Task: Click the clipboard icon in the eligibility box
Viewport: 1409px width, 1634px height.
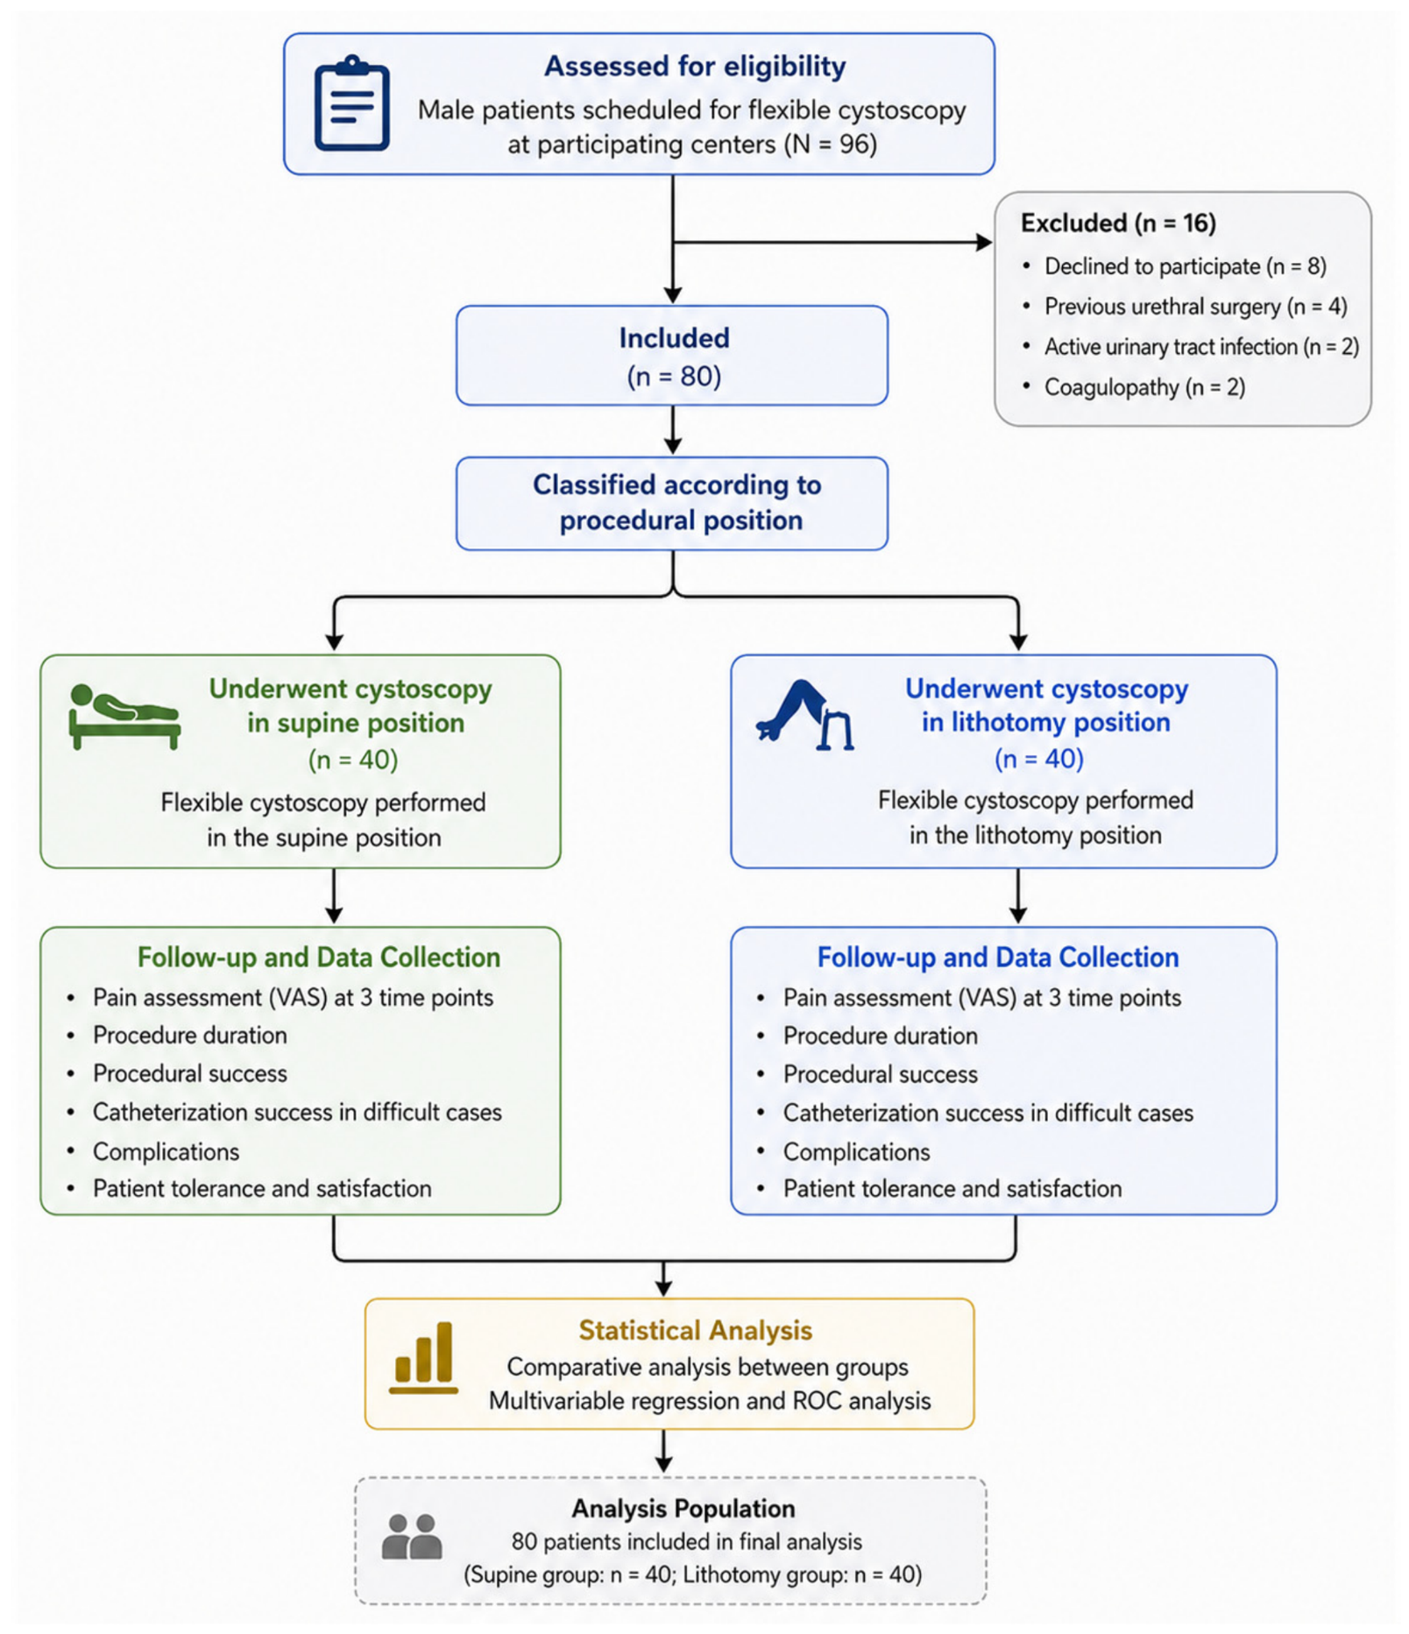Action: click(351, 103)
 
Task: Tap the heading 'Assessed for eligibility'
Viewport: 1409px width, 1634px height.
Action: click(695, 67)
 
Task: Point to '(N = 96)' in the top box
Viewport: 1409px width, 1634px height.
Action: click(830, 144)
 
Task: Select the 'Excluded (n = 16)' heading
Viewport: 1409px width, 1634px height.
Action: click(1118, 223)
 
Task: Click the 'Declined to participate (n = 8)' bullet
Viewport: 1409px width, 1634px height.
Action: click(1185, 266)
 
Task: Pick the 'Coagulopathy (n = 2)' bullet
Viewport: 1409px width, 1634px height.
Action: click(1144, 387)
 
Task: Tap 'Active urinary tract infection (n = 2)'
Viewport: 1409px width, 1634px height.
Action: click(1201, 347)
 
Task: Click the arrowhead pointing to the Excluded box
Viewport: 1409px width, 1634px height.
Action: click(984, 242)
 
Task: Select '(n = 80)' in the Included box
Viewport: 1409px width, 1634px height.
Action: click(674, 377)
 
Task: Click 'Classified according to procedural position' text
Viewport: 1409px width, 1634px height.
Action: click(677, 503)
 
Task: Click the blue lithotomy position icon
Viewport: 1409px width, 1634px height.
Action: click(804, 715)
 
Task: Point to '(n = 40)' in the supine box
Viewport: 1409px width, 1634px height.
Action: click(353, 760)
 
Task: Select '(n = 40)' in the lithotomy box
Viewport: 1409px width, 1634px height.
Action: click(1038, 759)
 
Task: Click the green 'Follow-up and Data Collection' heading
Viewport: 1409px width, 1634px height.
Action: click(319, 958)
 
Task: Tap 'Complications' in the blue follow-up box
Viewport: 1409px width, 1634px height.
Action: click(856, 1152)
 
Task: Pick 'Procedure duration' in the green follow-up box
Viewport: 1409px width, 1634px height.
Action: click(189, 1036)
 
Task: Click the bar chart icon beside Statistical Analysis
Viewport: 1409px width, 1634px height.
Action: click(423, 1358)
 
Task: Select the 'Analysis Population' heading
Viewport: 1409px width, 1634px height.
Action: click(683, 1509)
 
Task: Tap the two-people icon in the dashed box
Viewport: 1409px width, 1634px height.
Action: click(412, 1537)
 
